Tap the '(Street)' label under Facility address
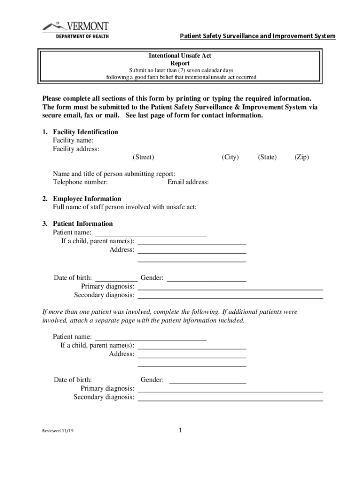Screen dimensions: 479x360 click(x=143, y=157)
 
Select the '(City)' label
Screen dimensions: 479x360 click(x=230, y=157)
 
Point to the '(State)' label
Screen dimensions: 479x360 click(x=267, y=157)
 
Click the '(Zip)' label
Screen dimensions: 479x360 click(x=302, y=157)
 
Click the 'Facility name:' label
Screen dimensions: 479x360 click(x=73, y=140)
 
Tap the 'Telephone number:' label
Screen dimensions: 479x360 click(x=80, y=182)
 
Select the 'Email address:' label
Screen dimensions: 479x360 click(x=188, y=182)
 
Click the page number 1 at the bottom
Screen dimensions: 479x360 click(x=180, y=430)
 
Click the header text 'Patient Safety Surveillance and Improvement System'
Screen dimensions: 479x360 click(x=258, y=36)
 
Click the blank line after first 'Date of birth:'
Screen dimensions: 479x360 click(x=116, y=280)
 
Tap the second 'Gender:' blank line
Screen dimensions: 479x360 click(x=207, y=382)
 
